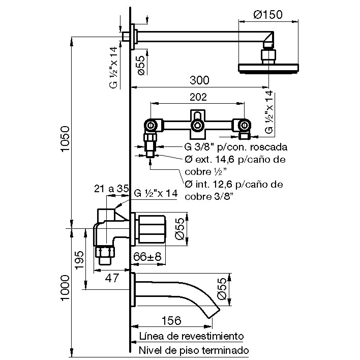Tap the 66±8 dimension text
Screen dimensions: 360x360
point(148,257)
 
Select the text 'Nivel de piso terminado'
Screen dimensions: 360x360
point(194,351)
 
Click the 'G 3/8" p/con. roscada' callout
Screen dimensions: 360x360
point(236,147)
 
